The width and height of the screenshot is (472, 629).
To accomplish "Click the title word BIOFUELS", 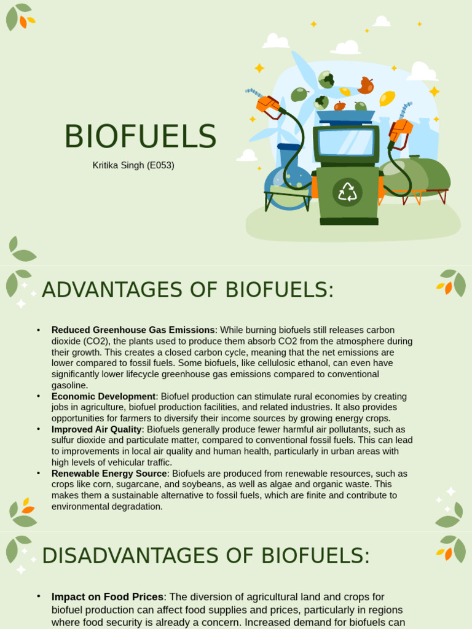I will (x=140, y=137).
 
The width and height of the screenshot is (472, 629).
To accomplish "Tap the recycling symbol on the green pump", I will (x=347, y=192).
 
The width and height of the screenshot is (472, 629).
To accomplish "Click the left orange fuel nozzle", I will (x=269, y=105).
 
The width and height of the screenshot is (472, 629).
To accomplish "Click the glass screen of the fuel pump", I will (x=346, y=143).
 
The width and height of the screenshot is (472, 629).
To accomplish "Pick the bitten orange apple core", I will (x=366, y=85).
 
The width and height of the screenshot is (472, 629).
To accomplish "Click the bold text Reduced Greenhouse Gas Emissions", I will (x=133, y=330).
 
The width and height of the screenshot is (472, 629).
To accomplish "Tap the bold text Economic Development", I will (x=103, y=396).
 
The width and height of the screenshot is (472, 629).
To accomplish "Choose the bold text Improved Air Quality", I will (x=96, y=429).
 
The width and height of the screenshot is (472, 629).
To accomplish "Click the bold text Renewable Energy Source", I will (x=109, y=474).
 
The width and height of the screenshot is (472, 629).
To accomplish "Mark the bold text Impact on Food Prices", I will (x=108, y=597).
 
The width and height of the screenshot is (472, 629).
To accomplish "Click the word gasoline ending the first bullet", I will (x=69, y=385).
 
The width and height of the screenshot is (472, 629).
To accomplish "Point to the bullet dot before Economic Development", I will (x=39, y=396).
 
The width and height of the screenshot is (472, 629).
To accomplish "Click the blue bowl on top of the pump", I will (x=345, y=115).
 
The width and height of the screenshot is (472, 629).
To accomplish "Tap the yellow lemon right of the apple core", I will (x=387, y=98).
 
